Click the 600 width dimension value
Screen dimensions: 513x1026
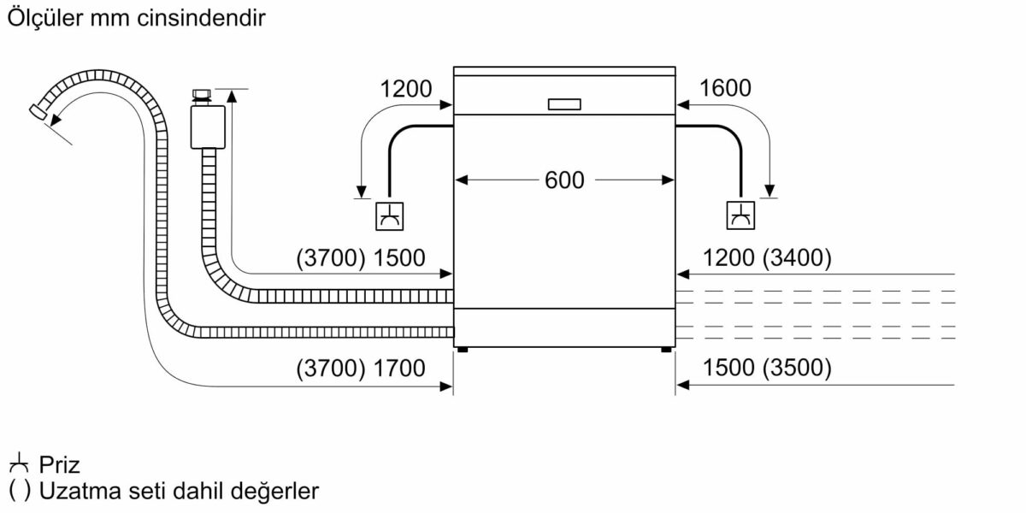563,180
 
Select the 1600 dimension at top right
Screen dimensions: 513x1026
724,88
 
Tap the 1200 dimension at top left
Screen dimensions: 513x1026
405,88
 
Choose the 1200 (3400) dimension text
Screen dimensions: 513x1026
766,258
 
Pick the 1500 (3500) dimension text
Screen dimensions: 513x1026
766,369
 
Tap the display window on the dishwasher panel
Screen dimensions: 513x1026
563,103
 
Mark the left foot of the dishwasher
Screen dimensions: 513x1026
462,349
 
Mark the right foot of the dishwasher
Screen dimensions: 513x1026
665,349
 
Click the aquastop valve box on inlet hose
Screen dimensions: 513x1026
206,127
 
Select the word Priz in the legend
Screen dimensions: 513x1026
59,465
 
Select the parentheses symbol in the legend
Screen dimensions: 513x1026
18,492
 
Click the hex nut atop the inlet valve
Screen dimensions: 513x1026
203,95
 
